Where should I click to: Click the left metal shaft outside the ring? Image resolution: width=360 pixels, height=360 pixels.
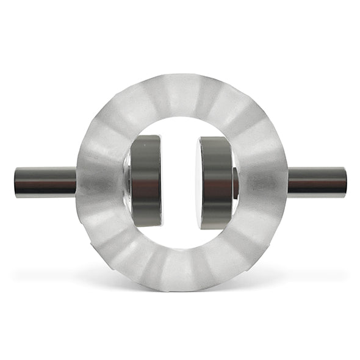pos(46,182)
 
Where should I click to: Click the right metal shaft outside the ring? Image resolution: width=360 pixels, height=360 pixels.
pos(317,182)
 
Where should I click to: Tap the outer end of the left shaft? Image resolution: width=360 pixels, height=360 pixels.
pos(16,182)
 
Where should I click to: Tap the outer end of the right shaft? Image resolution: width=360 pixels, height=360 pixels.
pos(345,182)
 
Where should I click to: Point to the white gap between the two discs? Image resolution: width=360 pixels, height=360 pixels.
pos(180,182)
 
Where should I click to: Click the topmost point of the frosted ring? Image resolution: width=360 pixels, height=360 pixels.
pos(181,74)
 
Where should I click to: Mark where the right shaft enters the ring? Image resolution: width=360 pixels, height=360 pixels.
pos(287,182)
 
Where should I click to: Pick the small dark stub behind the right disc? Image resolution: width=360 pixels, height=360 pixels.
pos(236,182)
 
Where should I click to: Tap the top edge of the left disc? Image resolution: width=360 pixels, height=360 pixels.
pos(147,137)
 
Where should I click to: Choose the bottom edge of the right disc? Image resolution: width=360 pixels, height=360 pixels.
pos(215,228)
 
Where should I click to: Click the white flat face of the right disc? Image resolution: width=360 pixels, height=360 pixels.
pos(199,182)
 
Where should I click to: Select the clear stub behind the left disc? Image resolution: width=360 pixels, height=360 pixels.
pos(127,182)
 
